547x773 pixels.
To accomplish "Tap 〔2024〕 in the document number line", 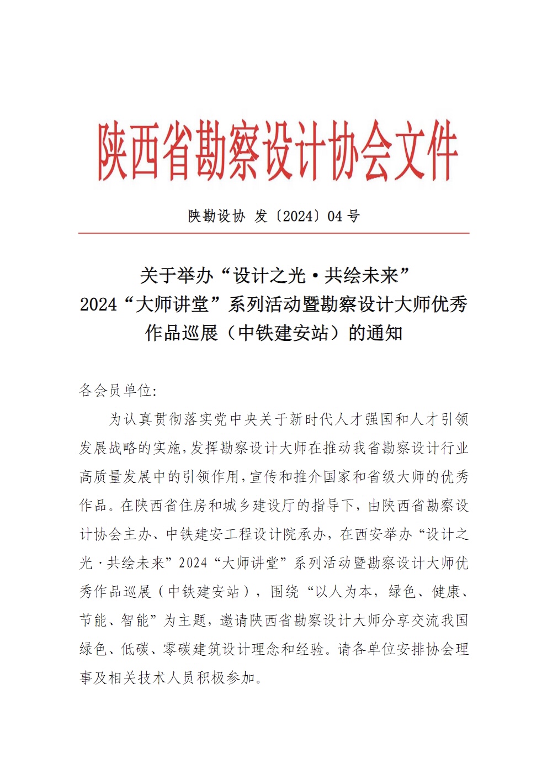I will pos(298,216).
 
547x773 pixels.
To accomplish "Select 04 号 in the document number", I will pos(343,216).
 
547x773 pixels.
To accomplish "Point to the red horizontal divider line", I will pos(273,233).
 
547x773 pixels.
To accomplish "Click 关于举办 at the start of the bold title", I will pos(176,275).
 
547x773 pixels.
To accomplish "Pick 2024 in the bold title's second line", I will pos(98,304).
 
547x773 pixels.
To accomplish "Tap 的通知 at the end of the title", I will pos(376,333).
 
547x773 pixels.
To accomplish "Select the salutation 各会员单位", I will pos(115,391).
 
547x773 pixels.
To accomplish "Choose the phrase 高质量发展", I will pos(115,477).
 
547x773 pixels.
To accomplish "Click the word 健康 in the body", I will pos(447,592).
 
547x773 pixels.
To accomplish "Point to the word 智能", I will pos(135,620).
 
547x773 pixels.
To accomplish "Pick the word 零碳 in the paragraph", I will pos(177,649).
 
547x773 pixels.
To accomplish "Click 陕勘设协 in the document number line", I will pos(216,216).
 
